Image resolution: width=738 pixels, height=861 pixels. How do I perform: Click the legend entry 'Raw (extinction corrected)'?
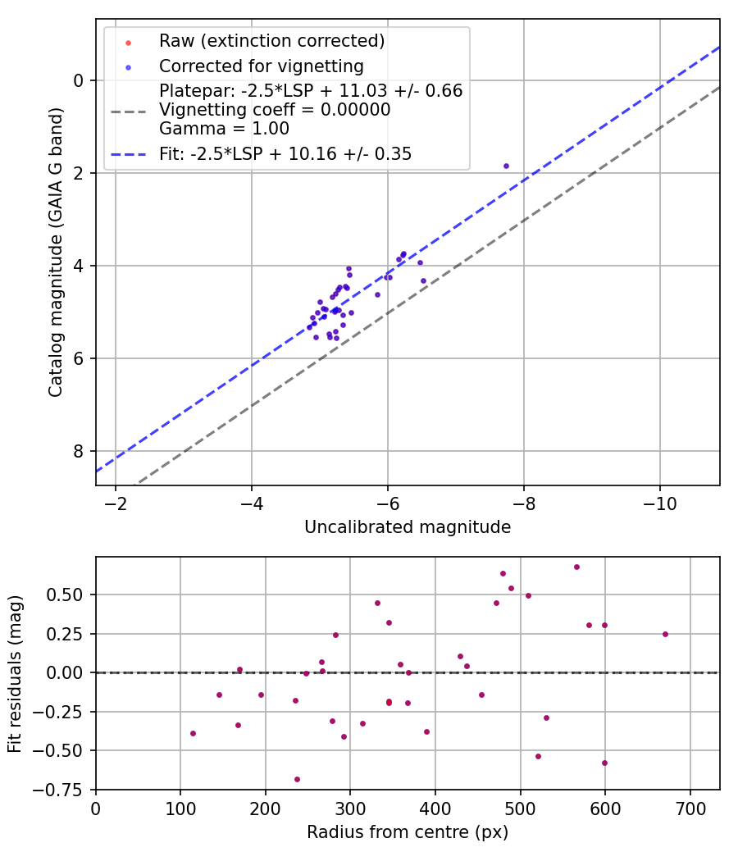coord(271,41)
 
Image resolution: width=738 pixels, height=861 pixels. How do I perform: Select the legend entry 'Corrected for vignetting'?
coord(261,66)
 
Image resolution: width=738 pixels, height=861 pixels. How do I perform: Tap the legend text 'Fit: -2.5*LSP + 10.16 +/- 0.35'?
coord(285,153)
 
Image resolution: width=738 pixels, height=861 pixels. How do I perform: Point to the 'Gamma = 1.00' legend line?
coord(224,128)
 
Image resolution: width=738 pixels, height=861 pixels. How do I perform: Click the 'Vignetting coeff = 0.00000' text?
coord(275,109)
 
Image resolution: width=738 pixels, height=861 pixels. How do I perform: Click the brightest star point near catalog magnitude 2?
coord(506,166)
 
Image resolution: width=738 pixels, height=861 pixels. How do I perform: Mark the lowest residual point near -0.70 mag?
coord(297,779)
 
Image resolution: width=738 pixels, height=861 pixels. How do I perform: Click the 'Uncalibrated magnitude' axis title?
coord(408,526)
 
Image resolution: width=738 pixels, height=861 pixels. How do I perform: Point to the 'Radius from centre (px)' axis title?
coord(408,832)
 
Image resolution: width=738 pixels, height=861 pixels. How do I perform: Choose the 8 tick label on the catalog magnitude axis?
coord(78,451)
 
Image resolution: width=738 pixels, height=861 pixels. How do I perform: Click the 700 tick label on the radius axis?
coord(690,809)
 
